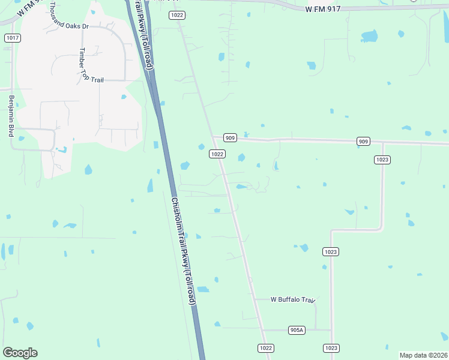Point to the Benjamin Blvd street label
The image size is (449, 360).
11,115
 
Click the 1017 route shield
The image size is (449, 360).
12,38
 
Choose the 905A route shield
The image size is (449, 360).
297,329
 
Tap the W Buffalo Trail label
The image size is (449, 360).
293,299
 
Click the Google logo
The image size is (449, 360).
20,353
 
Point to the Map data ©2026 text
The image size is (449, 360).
423,355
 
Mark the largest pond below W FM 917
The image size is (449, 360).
369,36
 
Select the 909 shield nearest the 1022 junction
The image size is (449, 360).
231,137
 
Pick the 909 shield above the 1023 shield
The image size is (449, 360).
363,141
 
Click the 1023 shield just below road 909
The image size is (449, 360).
382,159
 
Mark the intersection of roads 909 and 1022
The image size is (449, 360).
213,137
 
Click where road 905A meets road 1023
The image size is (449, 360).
331,329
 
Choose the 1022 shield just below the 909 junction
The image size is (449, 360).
217,154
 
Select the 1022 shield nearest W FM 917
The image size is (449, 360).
176,15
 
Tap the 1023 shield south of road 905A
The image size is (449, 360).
331,348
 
